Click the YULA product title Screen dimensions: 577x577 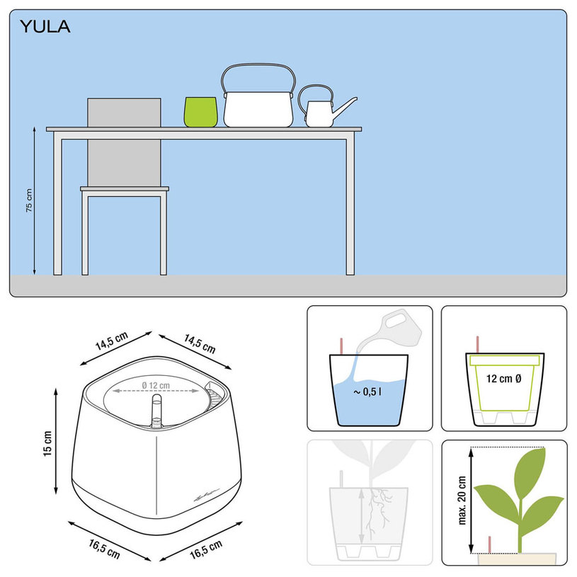coord(45,27)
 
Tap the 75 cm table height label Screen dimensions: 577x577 coord(29,200)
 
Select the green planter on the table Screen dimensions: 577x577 coord(200,112)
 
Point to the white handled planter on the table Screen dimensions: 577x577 coord(258,109)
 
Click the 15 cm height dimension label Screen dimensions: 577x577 coord(47,444)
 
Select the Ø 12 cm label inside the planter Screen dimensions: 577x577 coord(156,385)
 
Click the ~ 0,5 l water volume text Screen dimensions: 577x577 coord(367,392)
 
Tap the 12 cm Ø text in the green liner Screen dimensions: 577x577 coord(503,379)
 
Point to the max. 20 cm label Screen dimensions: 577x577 coord(462,500)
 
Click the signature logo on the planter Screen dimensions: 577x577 coord(207,496)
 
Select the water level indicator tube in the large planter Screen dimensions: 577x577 coord(156,411)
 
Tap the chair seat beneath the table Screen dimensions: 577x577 coord(125,189)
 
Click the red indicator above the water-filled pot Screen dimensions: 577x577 coord(341,346)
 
